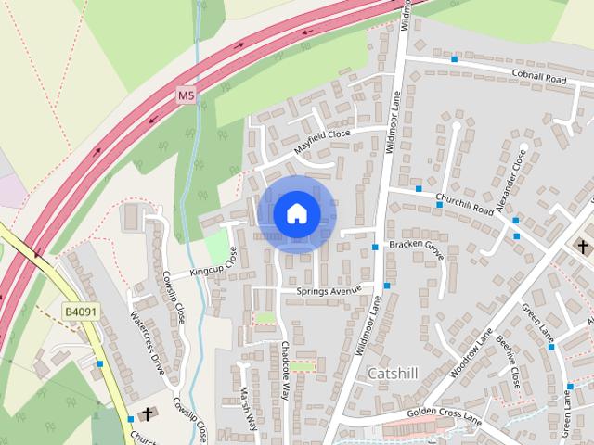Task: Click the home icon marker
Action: [296, 214]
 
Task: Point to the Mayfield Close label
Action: [322, 141]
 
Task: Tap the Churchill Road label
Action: [464, 204]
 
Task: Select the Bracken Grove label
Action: [417, 245]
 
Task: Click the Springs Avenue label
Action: [328, 290]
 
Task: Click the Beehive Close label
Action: [509, 362]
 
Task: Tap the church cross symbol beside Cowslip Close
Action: [147, 413]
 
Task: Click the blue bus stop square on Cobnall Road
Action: [455, 59]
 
